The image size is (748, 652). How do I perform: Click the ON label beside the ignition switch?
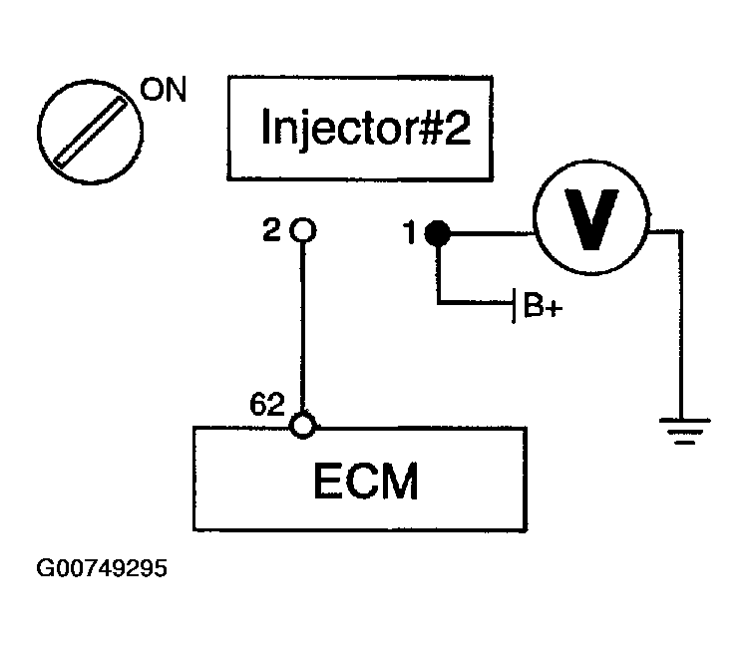click(x=164, y=89)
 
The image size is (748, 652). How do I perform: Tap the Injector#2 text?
click(x=366, y=127)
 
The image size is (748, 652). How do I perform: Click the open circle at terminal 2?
click(x=303, y=230)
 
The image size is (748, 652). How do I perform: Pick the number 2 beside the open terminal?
click(x=272, y=229)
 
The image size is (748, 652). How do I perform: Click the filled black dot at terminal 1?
click(x=438, y=233)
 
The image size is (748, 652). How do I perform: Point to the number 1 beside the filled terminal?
click(x=410, y=232)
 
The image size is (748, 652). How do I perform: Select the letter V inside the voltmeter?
click(x=591, y=219)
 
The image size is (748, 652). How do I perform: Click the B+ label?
click(x=543, y=304)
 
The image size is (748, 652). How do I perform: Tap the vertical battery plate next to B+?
click(x=514, y=306)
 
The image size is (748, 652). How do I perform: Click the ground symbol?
click(x=684, y=431)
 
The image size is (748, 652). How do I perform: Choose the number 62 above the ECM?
click(x=267, y=404)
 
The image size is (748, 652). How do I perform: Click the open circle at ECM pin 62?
click(x=302, y=426)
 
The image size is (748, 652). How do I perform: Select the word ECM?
click(x=366, y=481)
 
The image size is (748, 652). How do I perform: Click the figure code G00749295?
click(x=102, y=568)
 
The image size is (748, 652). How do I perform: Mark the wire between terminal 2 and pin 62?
click(x=302, y=328)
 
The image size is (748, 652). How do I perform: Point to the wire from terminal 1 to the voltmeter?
click(x=492, y=233)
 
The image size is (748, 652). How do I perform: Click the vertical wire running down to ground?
click(x=681, y=325)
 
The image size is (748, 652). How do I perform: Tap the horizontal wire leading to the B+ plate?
click(x=475, y=302)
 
